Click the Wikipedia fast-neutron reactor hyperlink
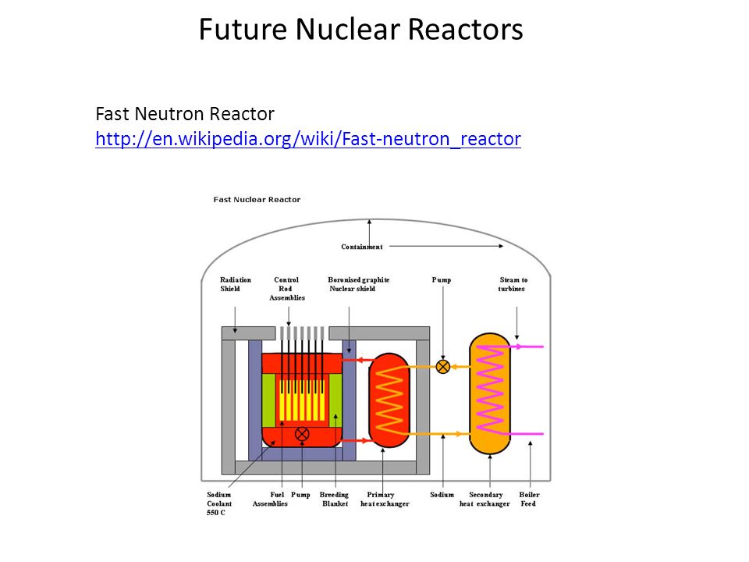coord(308,139)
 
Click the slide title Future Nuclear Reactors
coord(360,29)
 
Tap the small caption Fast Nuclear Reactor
coord(257,199)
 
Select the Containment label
coord(361,247)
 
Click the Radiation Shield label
coord(235,284)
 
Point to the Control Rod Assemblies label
coord(286,289)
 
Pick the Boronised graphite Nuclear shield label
coord(358,284)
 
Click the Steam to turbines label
coord(513,284)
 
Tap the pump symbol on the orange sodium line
coord(443,367)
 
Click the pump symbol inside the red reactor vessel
coord(302,434)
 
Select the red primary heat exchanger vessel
coord(389,400)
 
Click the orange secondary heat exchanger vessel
coord(490,393)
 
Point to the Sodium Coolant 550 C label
coord(219,503)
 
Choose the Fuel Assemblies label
coord(271,499)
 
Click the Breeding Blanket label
coord(334,499)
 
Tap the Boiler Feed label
coord(529,499)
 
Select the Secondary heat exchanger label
coord(485,499)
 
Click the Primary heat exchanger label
coord(385,499)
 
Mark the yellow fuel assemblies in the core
coord(302,400)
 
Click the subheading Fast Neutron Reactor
coord(185,114)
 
